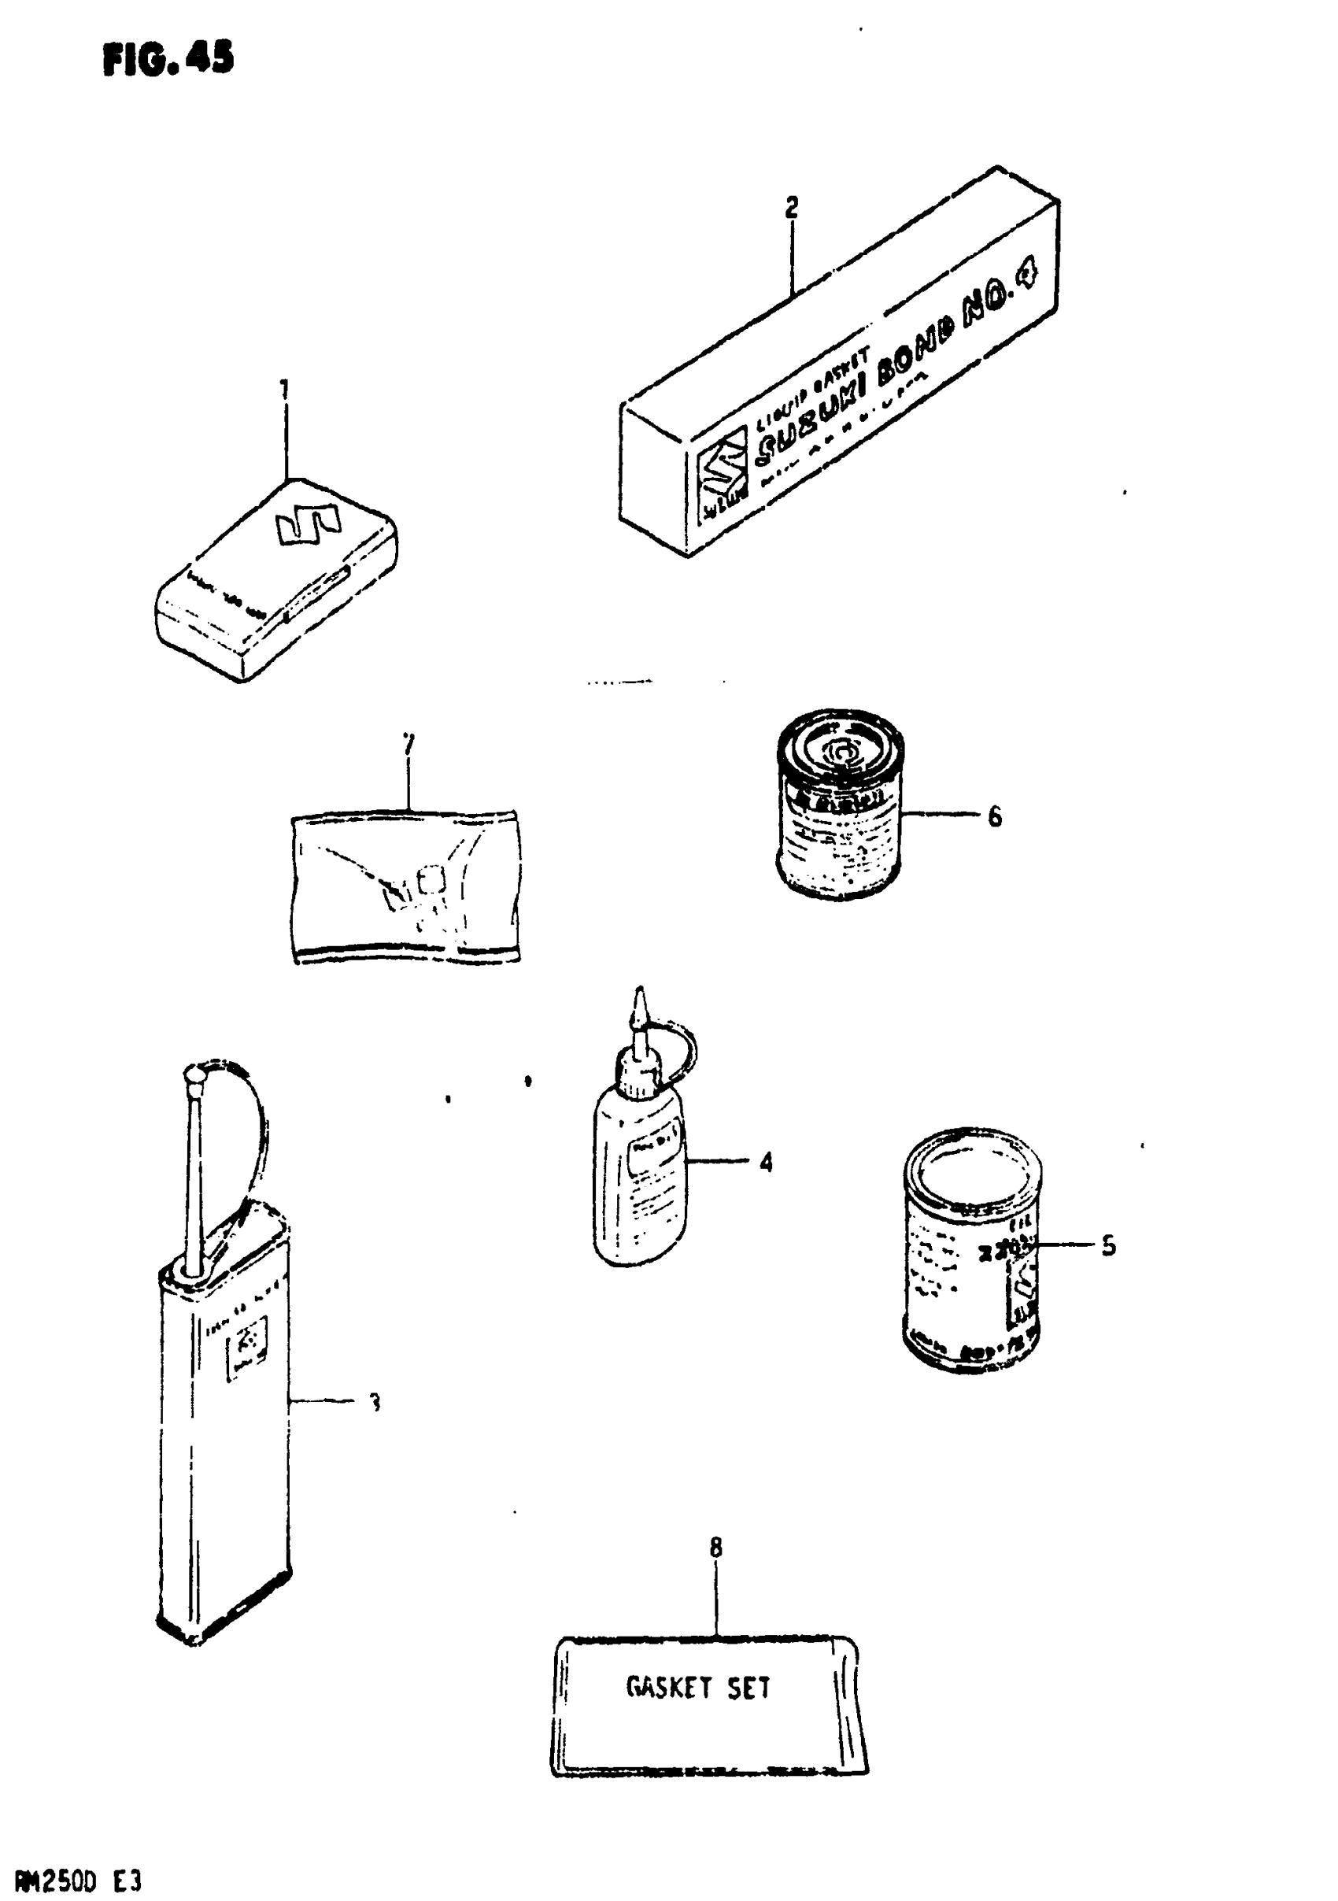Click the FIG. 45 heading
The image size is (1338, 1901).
pos(168,59)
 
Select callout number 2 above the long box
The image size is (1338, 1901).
pos(792,207)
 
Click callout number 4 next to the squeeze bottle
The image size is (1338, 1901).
pos(766,1163)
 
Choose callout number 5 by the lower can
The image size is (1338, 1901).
pos(1109,1268)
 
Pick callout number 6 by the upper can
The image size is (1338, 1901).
pos(994,816)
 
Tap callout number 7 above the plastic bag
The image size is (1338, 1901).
pos(408,745)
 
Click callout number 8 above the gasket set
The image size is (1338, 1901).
pos(716,1547)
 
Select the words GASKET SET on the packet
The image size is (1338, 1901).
pos(698,1688)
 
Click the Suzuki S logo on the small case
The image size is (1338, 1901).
pos(308,525)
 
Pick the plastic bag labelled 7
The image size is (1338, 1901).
pos(405,886)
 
